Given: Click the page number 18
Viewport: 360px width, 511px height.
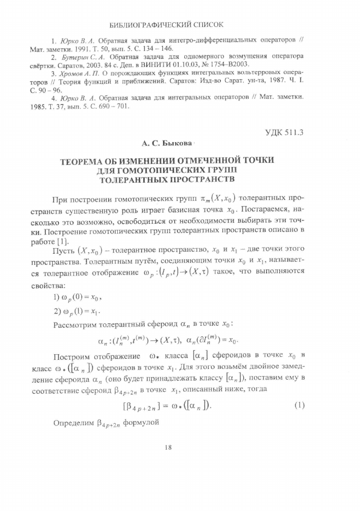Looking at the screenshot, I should pyautogui.click(x=169, y=447).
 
